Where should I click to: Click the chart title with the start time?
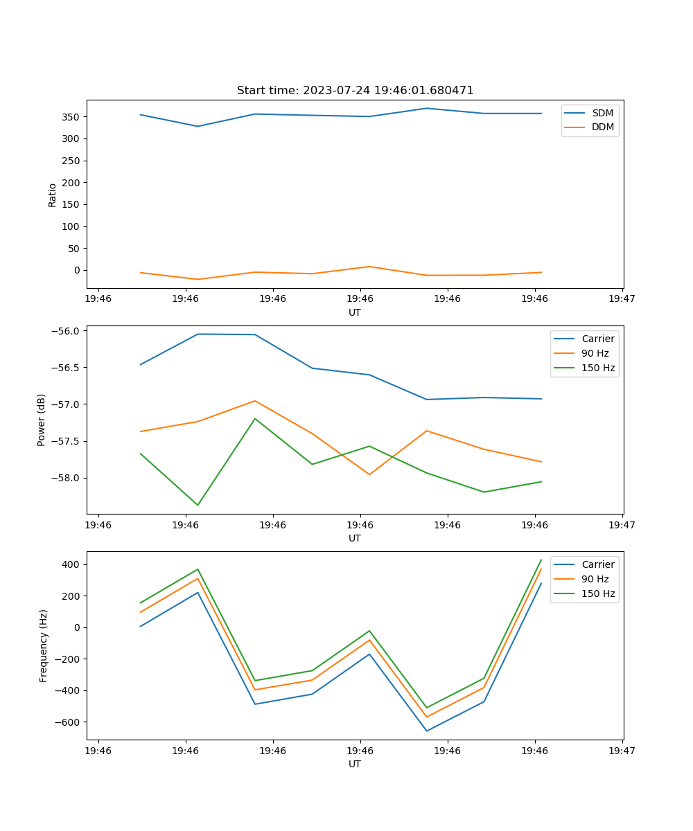(x=355, y=91)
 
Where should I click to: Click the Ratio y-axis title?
(x=53, y=195)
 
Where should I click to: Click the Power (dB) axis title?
(x=42, y=420)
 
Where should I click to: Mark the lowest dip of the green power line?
(x=198, y=505)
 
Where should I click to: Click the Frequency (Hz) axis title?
(x=43, y=645)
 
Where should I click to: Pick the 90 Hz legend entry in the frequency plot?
(x=595, y=579)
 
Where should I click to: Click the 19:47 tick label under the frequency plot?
(x=622, y=751)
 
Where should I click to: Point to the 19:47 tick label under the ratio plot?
(x=622, y=299)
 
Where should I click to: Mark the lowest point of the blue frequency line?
(x=426, y=731)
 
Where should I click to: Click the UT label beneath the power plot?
(x=355, y=538)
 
